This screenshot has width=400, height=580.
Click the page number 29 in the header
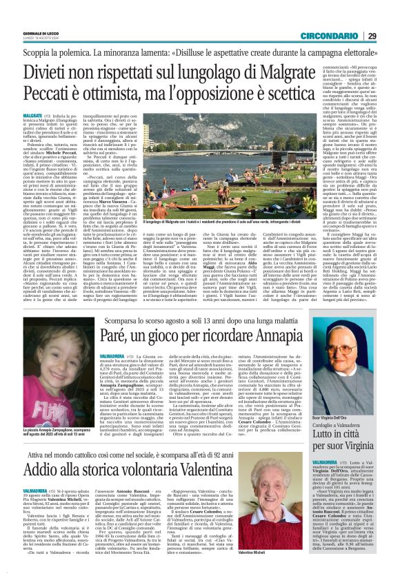pyautogui.click(x=390, y=17)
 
